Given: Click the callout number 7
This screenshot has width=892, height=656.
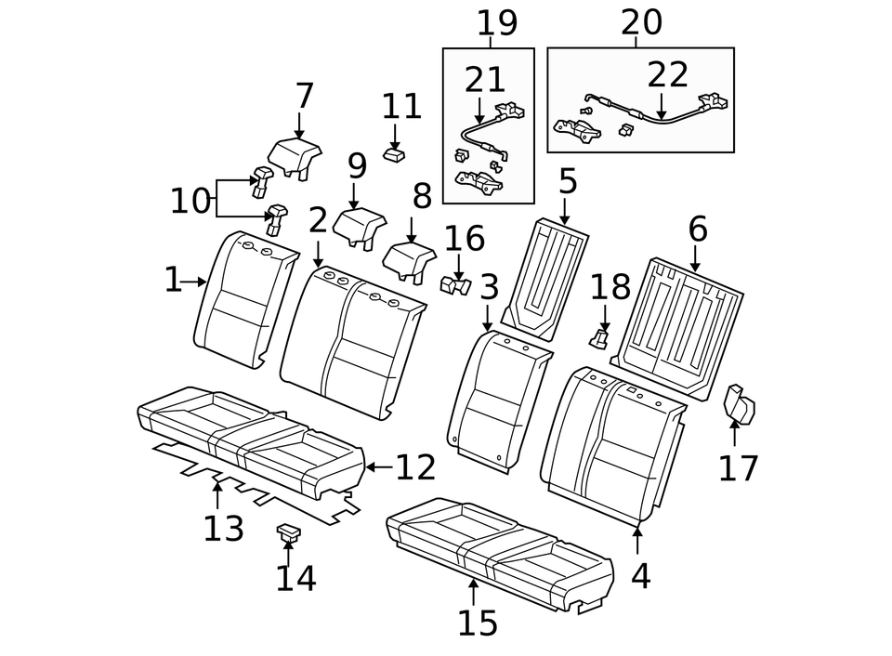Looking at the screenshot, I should pyautogui.click(x=305, y=96).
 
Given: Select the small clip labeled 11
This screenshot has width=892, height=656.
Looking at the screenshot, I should pyautogui.click(x=394, y=153).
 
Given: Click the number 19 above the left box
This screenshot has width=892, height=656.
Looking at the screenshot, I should pyautogui.click(x=497, y=23).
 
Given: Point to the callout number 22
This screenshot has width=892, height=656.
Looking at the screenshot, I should pyautogui.click(x=667, y=75).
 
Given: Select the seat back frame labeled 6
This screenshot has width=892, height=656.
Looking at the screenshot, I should pyautogui.click(x=678, y=321).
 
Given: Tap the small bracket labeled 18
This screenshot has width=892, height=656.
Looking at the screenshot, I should pyautogui.click(x=601, y=336).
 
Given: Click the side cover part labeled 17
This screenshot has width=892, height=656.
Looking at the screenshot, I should pyautogui.click(x=740, y=405).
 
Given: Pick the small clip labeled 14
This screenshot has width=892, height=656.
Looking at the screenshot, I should pyautogui.click(x=288, y=532).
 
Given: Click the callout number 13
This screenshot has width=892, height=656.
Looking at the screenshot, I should pyautogui.click(x=223, y=529).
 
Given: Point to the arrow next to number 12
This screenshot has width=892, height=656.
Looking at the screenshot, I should pyautogui.click(x=376, y=467).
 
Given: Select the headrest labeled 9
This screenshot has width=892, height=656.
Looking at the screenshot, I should pyautogui.click(x=359, y=226).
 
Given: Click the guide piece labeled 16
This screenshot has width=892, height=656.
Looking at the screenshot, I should pyautogui.click(x=455, y=286).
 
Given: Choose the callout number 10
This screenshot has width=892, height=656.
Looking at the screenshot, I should pyautogui.click(x=190, y=201).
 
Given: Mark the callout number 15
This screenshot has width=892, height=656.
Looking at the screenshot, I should pyautogui.click(x=478, y=623).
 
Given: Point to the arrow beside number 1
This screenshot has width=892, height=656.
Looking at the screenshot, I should pyautogui.click(x=196, y=281).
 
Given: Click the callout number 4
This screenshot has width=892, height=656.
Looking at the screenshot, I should pyautogui.click(x=640, y=576).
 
